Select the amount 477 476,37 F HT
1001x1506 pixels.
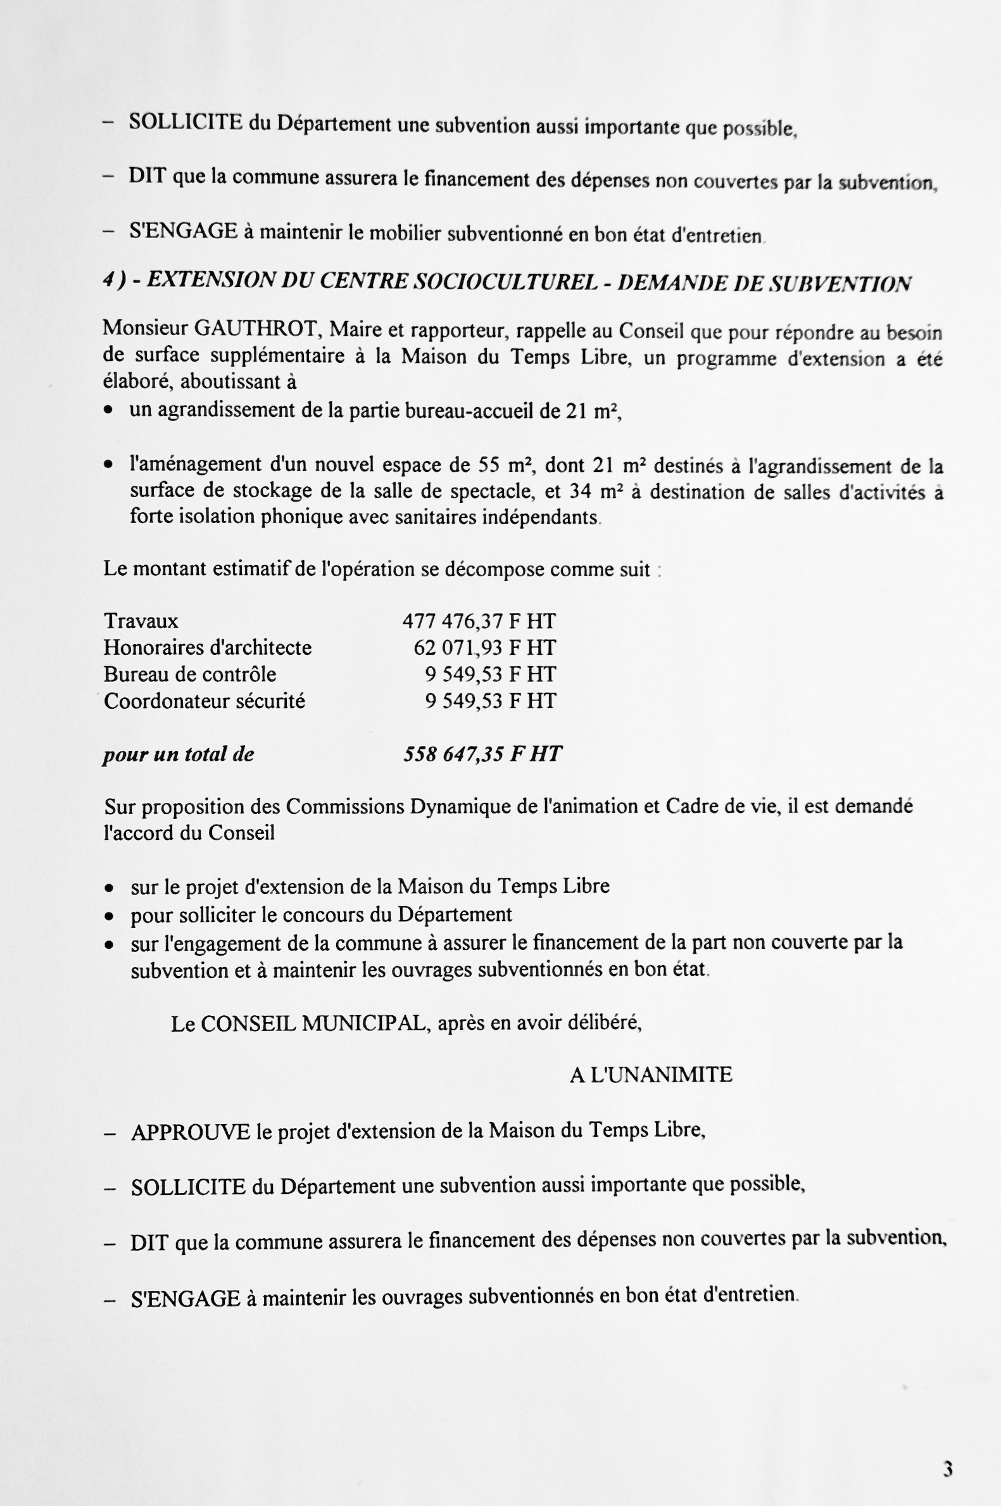479,621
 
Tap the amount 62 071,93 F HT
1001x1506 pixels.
484,647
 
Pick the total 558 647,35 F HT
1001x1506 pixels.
482,754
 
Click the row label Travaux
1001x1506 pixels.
141,621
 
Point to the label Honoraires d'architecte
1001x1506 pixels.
208,647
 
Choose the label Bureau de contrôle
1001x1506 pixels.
189,674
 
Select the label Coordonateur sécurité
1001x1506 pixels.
205,701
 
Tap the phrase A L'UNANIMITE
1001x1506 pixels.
650,1075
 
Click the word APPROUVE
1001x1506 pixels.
190,1132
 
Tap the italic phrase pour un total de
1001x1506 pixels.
179,755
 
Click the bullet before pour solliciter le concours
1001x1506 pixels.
110,916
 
